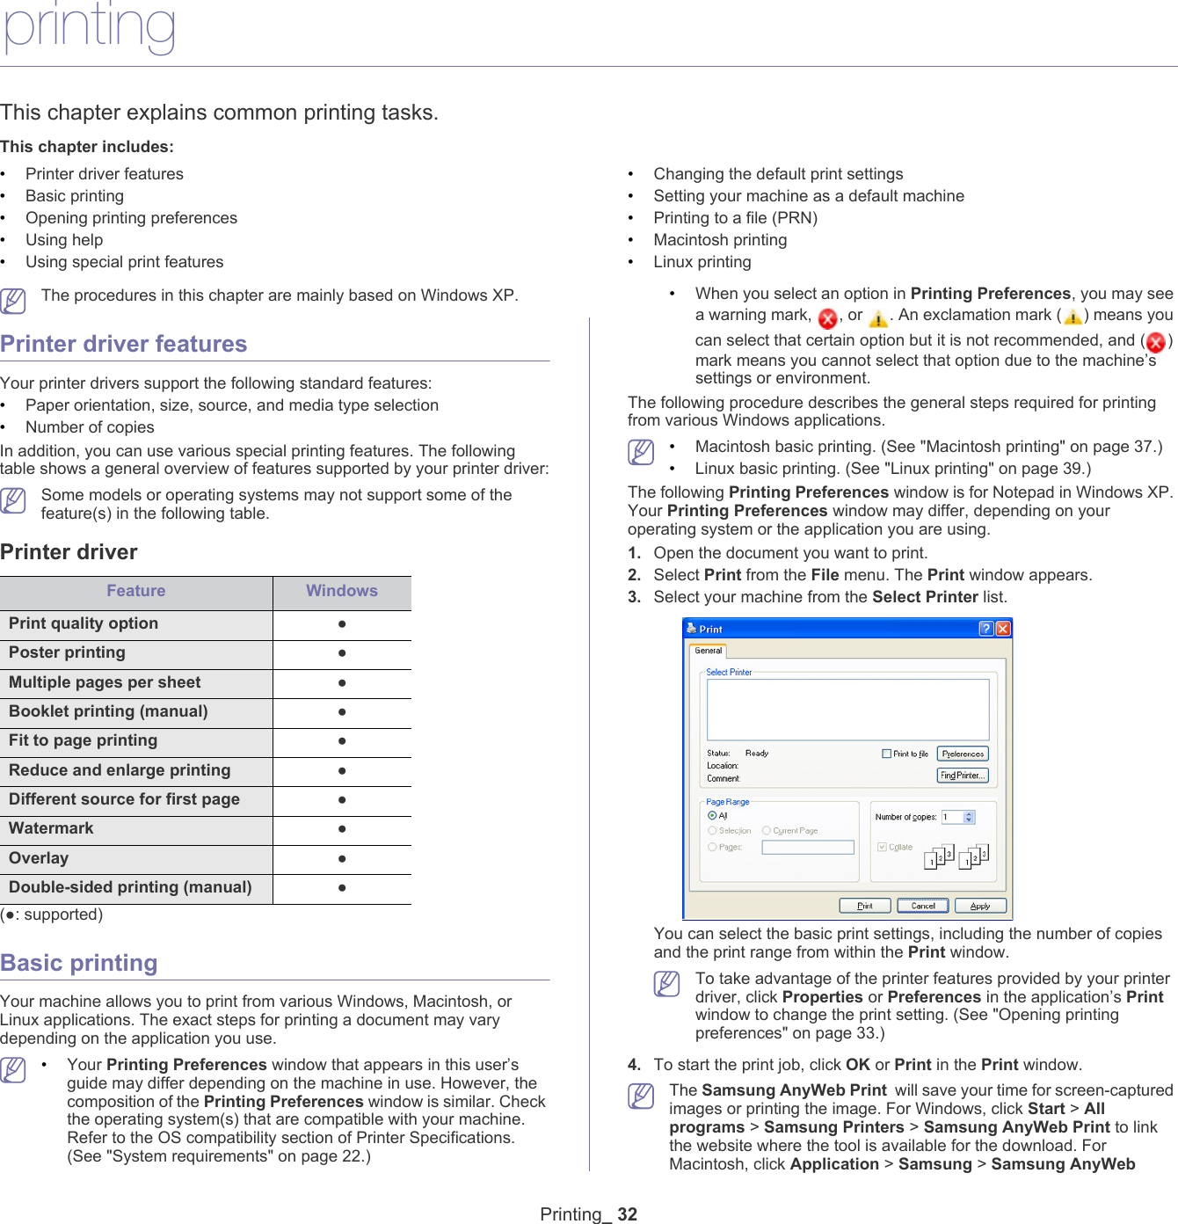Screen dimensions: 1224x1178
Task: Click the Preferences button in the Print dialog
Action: (x=963, y=754)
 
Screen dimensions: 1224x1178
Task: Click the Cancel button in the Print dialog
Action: (x=923, y=906)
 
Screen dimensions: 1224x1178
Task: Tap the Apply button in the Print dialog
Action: (x=979, y=906)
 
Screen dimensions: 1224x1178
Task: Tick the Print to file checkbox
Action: (x=887, y=754)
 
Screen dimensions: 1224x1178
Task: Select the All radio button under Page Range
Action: (x=712, y=816)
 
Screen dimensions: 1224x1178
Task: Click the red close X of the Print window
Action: (x=1003, y=628)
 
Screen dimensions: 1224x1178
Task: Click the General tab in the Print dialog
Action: (x=708, y=651)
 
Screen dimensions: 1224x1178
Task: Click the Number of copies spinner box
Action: (x=957, y=817)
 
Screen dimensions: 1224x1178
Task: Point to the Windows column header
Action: (x=341, y=591)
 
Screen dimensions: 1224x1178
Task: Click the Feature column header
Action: (x=135, y=591)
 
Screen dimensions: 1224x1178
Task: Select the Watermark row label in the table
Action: (x=51, y=828)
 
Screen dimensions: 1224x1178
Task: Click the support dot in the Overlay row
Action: (x=341, y=858)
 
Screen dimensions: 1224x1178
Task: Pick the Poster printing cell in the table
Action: (x=67, y=652)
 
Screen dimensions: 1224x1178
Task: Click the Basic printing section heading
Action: (x=79, y=963)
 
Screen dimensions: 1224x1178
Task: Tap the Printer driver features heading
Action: (x=124, y=344)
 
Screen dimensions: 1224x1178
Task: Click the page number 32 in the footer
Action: (x=627, y=1214)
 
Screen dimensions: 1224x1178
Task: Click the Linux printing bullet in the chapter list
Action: (x=702, y=262)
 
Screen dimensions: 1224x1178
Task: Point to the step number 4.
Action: (x=634, y=1065)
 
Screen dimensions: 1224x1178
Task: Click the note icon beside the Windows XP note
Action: (x=13, y=301)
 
